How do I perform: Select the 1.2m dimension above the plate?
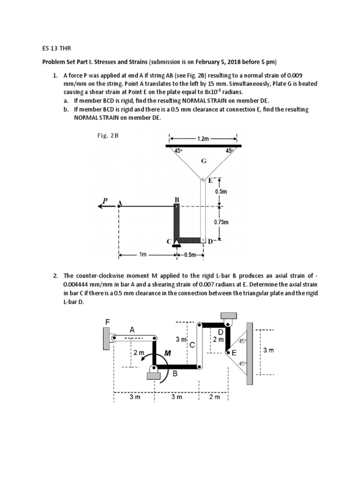point(203,139)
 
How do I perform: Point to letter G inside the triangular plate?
point(203,161)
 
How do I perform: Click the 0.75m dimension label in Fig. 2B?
point(221,223)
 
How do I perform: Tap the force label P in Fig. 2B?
point(105,199)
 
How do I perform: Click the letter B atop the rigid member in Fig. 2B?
point(177,200)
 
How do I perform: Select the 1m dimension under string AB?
point(143,255)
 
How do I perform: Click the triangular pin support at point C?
point(177,242)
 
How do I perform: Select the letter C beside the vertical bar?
point(191,345)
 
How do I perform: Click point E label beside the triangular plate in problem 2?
point(234,352)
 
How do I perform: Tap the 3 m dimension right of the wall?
point(269,350)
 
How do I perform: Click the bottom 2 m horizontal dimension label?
point(213,397)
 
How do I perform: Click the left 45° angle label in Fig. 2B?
point(178,150)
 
